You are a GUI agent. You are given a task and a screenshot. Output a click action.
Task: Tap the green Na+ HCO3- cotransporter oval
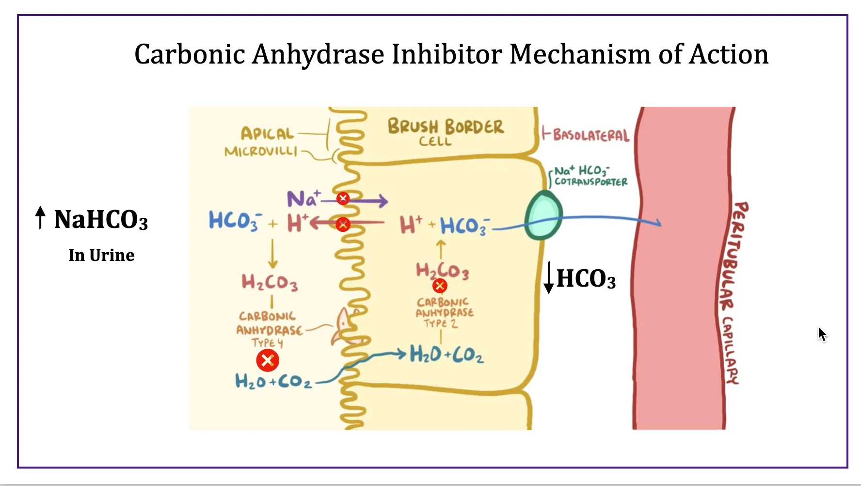pos(543,215)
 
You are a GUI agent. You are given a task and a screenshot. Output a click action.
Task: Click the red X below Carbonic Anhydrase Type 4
pos(268,360)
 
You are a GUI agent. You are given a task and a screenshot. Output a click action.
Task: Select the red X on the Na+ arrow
pos(343,198)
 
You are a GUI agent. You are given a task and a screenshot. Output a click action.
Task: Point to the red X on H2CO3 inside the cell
pos(440,286)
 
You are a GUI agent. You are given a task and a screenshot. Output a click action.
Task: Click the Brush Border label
pos(446,127)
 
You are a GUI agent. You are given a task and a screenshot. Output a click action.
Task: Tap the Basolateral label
pos(590,135)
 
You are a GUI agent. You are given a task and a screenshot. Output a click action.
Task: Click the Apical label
pos(267,133)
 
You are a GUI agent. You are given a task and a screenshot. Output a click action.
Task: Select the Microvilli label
pos(261,151)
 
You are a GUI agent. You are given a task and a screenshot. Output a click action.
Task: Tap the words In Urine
pos(101,255)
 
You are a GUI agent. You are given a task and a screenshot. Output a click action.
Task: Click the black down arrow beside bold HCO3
pos(549,277)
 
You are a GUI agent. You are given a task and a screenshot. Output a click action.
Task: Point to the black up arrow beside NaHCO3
pos(41,217)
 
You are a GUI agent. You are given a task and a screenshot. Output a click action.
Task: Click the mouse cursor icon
pos(822,334)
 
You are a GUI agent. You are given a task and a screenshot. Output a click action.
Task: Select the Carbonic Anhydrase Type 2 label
pos(445,312)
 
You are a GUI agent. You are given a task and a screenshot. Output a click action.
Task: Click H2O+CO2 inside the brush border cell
pos(446,355)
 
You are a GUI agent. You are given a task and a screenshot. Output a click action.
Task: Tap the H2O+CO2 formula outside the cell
pos(273,381)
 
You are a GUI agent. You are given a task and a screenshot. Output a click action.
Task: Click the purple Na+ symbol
pos(303,199)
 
